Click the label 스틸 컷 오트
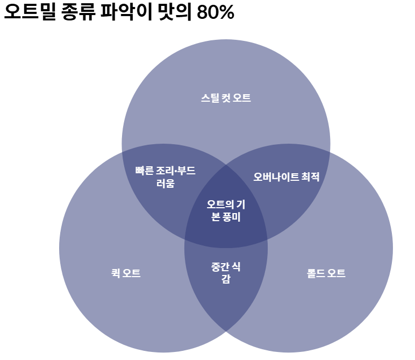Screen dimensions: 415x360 coord(226,98)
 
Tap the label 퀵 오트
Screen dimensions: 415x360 coord(126,273)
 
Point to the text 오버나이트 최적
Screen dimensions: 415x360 coord(287,177)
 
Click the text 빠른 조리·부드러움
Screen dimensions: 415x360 coord(166,177)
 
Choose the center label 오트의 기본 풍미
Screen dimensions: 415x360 coord(226,211)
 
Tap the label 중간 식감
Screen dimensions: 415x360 coord(226,272)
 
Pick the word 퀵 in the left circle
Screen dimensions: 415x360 coord(114,273)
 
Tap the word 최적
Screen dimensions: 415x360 coord(311,177)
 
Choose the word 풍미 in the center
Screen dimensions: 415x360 coord(232,217)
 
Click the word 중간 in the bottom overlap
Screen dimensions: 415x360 coord(220,266)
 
